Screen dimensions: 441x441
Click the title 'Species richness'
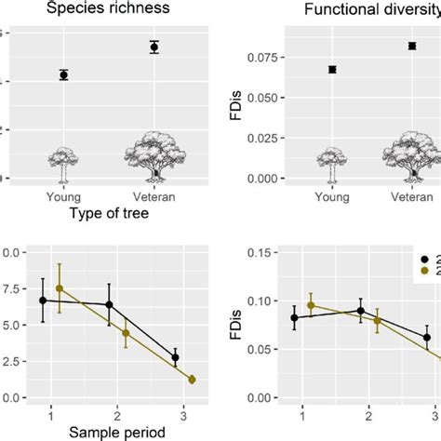click(x=109, y=9)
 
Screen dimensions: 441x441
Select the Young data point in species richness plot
click(x=63, y=74)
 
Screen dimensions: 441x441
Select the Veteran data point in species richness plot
click(x=154, y=47)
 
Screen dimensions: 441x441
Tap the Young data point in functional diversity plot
click(x=332, y=69)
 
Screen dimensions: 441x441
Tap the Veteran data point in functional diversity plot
click(x=411, y=46)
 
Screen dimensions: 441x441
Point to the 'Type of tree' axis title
click(x=109, y=214)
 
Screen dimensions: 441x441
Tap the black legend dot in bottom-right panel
click(x=426, y=261)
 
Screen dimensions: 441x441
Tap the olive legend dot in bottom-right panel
click(x=426, y=272)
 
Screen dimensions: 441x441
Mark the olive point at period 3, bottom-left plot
click(x=192, y=380)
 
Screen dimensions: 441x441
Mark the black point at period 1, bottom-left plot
click(x=43, y=301)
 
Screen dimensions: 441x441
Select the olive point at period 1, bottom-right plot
click(x=312, y=305)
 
